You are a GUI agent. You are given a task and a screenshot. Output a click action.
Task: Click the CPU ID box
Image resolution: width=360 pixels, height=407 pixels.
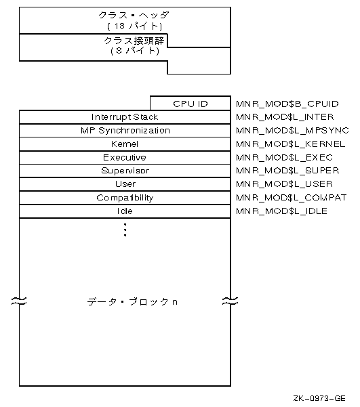click(x=191, y=104)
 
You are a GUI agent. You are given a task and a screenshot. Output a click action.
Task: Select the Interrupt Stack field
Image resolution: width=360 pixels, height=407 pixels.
click(x=125, y=117)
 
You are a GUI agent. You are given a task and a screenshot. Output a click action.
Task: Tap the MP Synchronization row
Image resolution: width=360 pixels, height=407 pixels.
click(x=125, y=131)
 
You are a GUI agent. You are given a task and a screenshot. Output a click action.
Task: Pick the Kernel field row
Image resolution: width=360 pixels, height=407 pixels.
click(x=125, y=144)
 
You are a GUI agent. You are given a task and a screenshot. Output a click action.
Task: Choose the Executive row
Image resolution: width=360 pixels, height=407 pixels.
click(x=125, y=158)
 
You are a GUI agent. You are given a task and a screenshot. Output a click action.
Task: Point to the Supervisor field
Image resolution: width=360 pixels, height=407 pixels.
click(x=125, y=171)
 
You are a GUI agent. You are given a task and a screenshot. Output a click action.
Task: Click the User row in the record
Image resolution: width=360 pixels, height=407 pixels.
click(x=125, y=184)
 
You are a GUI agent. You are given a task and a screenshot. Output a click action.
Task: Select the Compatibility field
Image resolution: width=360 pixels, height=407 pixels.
click(x=125, y=198)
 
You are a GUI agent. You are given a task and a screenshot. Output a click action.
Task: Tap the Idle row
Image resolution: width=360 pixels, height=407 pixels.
click(x=125, y=211)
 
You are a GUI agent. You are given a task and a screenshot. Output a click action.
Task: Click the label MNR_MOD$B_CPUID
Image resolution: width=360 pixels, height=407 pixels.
click(x=287, y=104)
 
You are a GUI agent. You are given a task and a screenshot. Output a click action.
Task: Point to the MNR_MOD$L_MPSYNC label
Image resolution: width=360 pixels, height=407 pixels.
click(x=292, y=130)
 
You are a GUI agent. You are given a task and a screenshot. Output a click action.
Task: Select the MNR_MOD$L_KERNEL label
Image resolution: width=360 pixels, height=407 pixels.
click(x=291, y=144)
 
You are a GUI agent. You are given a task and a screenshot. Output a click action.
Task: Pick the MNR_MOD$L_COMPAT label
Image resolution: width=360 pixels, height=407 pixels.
click(x=291, y=198)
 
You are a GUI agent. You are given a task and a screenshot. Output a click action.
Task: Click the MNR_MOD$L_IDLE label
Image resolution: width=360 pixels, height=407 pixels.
click(x=281, y=211)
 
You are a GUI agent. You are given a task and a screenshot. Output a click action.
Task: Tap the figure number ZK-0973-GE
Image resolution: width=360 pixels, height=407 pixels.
click(x=319, y=398)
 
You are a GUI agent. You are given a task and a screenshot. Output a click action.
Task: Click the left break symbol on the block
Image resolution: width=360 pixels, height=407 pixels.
click(x=19, y=301)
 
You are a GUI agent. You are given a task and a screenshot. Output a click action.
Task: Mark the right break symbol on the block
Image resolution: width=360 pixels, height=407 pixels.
click(x=231, y=301)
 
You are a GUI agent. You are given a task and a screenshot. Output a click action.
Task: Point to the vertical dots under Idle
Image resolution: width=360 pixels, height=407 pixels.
click(x=125, y=230)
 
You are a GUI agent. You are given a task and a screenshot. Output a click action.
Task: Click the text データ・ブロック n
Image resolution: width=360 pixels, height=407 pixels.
click(x=132, y=302)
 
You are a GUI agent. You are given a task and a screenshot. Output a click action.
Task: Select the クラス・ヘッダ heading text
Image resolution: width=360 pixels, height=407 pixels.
click(x=134, y=15)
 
